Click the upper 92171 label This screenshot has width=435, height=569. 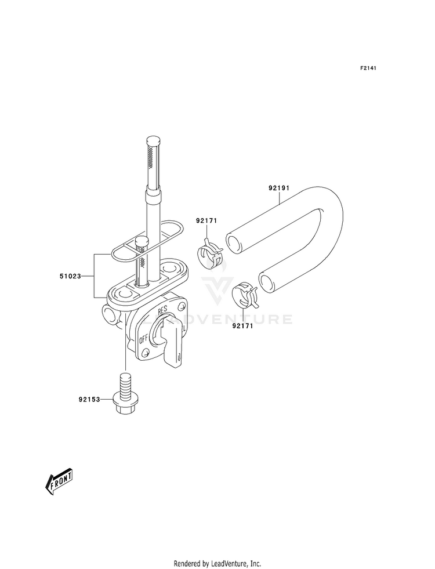(x=206, y=220)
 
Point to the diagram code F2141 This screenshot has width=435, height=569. (x=368, y=68)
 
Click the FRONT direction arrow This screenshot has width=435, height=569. (x=59, y=480)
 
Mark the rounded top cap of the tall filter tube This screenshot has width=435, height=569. (x=153, y=141)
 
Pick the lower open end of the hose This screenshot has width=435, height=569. (x=268, y=283)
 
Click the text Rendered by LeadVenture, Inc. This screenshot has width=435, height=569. (x=217, y=563)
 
